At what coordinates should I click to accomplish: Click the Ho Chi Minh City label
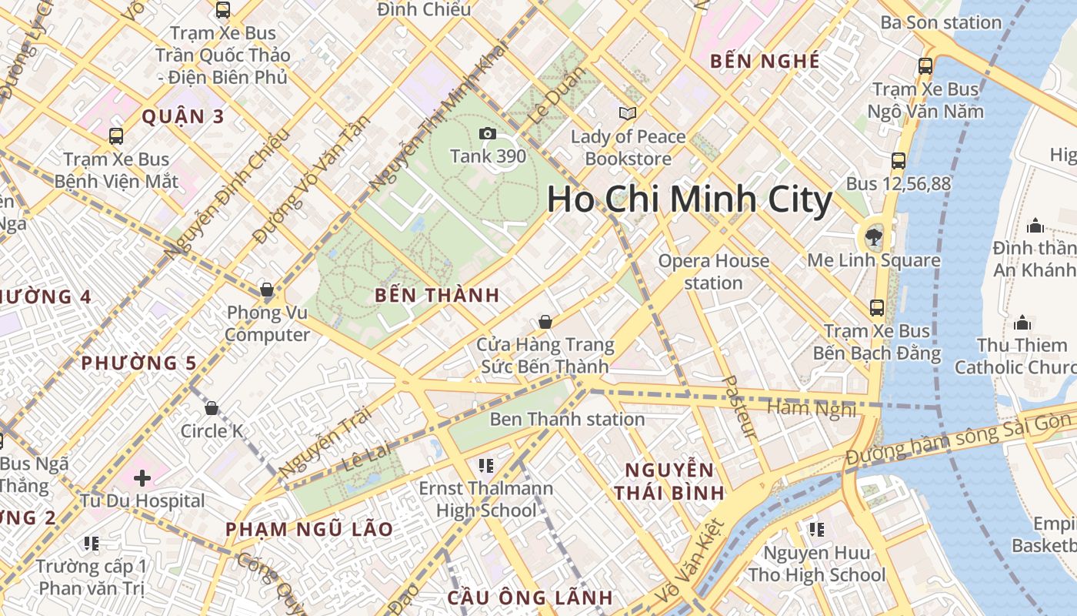[689, 200]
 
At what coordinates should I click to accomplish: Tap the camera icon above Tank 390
[487, 134]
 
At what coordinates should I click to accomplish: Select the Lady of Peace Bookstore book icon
[628, 114]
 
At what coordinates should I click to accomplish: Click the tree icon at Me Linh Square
[873, 236]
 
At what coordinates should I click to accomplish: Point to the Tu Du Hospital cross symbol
[142, 478]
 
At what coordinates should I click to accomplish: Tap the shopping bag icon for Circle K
[212, 408]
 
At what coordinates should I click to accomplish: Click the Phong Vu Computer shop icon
[267, 290]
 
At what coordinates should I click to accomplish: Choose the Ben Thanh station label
[567, 420]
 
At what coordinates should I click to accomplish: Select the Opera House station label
[713, 272]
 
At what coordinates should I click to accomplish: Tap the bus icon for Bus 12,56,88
[898, 161]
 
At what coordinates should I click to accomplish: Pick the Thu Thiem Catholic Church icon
[1022, 322]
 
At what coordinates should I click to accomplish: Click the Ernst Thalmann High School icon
[485, 465]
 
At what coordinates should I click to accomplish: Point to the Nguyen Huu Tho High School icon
[816, 530]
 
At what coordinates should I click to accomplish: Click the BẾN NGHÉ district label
[765, 62]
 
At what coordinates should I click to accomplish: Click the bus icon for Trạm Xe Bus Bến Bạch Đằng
[876, 308]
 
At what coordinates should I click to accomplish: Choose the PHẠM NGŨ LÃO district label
[309, 530]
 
